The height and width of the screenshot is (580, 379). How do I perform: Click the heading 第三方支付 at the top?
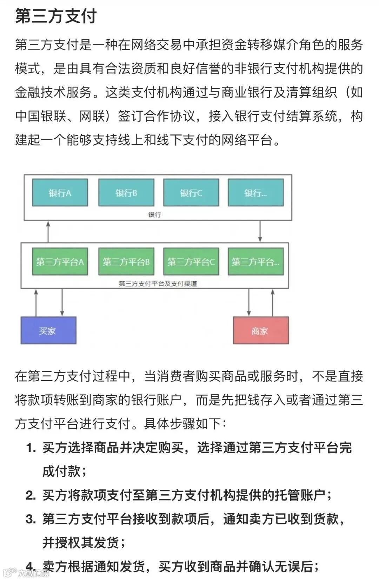point(56,17)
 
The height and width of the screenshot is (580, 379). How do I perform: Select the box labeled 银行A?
point(60,193)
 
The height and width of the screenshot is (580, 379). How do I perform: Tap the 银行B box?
point(126,193)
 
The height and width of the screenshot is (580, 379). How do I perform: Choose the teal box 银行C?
point(191,193)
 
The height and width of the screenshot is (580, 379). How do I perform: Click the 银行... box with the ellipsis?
point(255,193)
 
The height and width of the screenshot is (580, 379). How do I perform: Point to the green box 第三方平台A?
point(60,262)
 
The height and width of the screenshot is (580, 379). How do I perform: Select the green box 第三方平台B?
point(126,262)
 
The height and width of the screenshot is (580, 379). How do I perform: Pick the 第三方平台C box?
point(191,262)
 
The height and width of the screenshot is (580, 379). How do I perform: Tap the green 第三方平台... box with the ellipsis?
point(255,262)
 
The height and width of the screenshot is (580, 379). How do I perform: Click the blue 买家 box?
point(48,330)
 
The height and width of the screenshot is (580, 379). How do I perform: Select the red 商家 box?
point(261,330)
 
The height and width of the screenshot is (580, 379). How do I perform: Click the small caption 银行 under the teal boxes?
point(154,215)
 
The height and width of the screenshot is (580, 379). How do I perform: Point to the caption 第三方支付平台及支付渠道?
point(158,283)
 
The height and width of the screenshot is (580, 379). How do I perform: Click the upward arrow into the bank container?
point(48,231)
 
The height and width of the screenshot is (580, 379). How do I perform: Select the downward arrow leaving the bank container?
point(260,231)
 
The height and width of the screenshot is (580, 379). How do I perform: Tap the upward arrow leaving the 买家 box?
point(36,302)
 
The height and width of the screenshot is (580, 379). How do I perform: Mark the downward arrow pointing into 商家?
point(249,302)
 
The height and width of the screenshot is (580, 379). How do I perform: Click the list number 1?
point(31,448)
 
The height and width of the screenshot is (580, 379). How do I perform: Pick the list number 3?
point(31,519)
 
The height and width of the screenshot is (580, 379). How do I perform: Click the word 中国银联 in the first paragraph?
point(41,116)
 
